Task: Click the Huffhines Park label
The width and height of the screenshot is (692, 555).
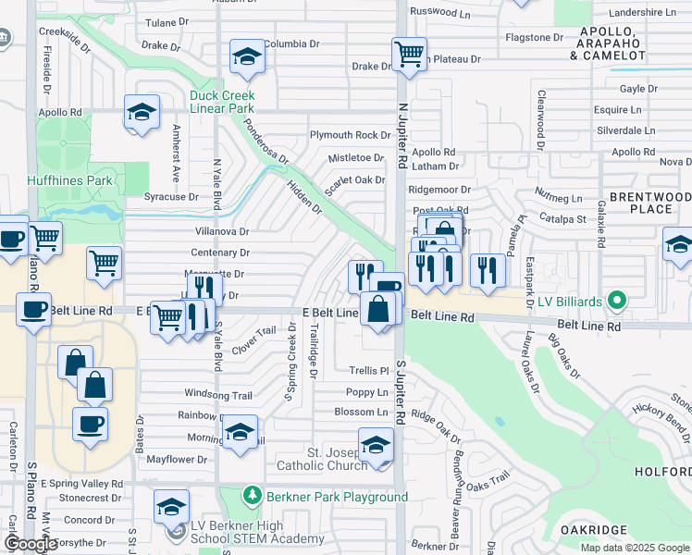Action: (x=38, y=179)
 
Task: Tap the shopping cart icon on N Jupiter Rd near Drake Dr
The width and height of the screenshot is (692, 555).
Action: (x=408, y=53)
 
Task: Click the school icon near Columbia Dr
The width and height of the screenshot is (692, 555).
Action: (x=247, y=58)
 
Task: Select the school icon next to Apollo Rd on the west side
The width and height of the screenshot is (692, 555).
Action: (x=142, y=113)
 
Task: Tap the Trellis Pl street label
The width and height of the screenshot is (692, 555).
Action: (x=368, y=371)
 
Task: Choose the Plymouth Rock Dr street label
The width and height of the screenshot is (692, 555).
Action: (x=350, y=135)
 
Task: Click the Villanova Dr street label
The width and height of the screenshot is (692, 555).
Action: (x=221, y=231)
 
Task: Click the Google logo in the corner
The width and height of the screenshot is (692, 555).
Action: (x=31, y=544)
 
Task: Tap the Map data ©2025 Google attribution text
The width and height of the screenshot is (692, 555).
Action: (x=634, y=548)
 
